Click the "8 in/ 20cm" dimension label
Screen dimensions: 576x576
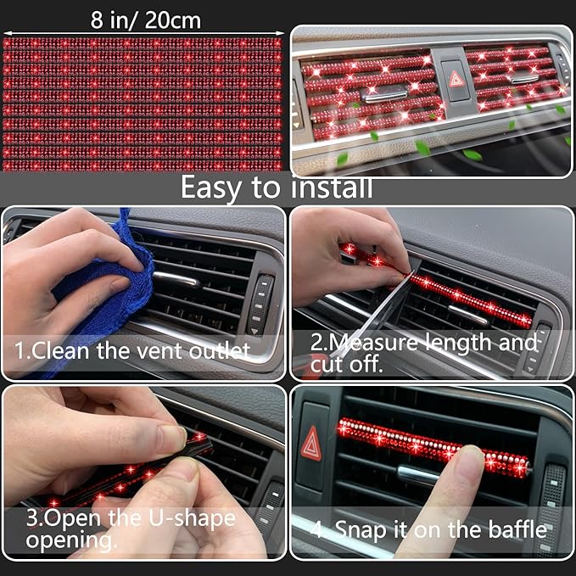tap(146, 20)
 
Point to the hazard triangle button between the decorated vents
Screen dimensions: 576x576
tap(455, 80)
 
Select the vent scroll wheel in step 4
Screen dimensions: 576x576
tap(551, 492)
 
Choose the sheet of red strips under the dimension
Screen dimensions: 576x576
tap(142, 103)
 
